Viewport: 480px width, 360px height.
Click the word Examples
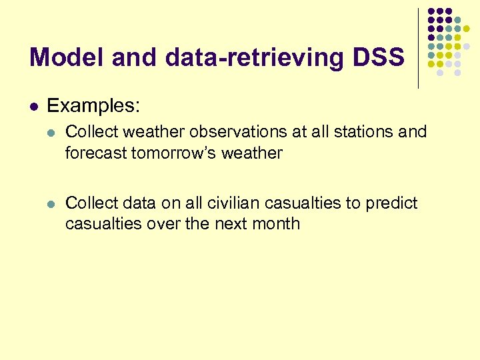pyautogui.click(x=93, y=106)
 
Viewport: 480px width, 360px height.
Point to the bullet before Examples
pyautogui.click(x=34, y=106)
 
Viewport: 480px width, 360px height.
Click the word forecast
pyautogui.click(x=96, y=153)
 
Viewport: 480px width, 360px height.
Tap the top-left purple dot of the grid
pyautogui.click(x=431, y=11)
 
